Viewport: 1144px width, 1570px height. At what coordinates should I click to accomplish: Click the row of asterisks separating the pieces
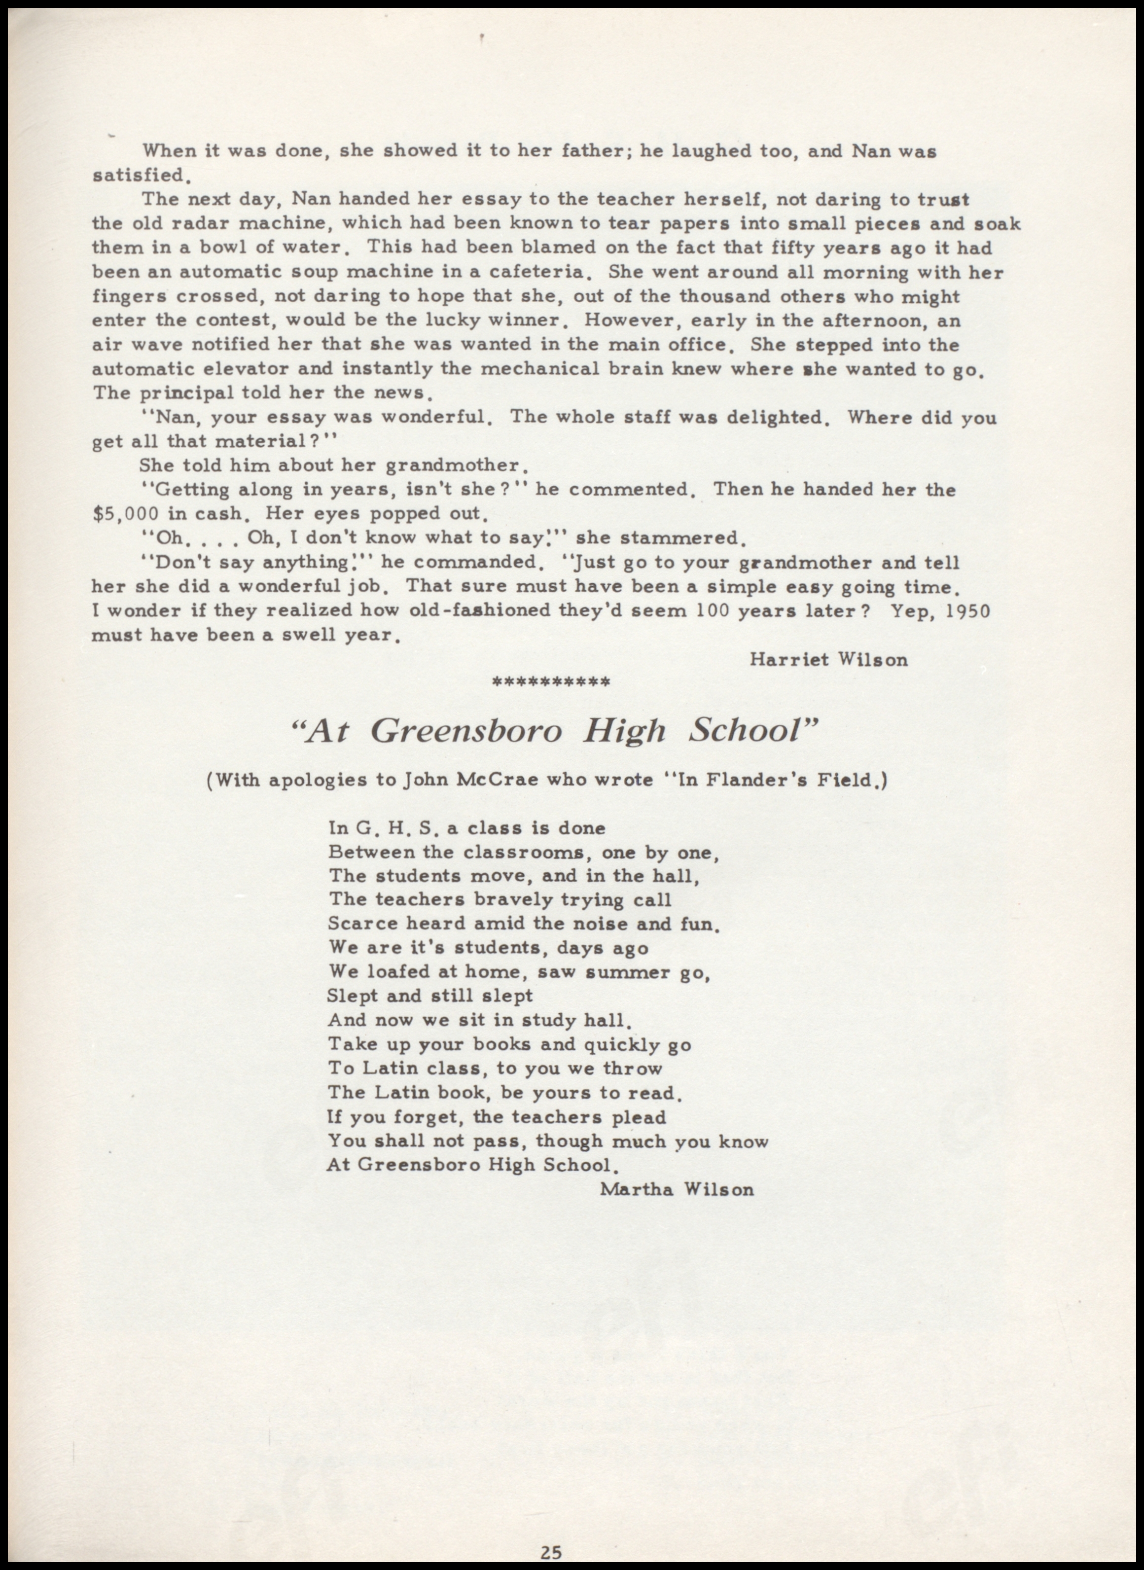[550, 682]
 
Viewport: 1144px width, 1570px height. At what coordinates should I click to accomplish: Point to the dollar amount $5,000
[125, 513]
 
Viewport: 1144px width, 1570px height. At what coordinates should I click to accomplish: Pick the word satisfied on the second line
[138, 174]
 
